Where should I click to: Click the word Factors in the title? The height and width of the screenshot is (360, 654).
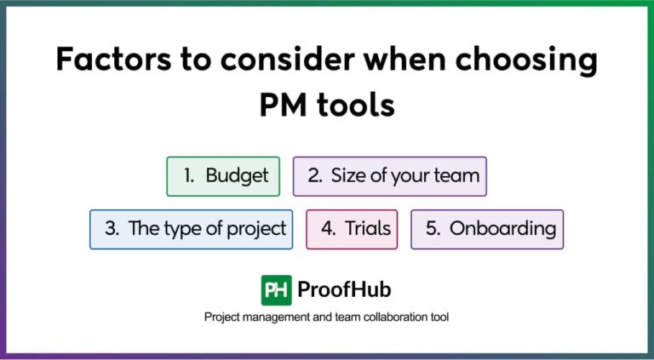(x=104, y=60)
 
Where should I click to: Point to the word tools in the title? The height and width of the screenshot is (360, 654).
(x=357, y=106)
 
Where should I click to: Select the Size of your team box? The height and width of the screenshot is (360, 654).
(x=389, y=176)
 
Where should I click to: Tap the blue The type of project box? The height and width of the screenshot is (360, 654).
(x=191, y=229)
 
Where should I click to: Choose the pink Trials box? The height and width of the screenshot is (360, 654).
(x=352, y=229)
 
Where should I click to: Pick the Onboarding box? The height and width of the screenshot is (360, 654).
(x=487, y=229)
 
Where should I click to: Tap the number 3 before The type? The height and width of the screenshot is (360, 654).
(x=112, y=229)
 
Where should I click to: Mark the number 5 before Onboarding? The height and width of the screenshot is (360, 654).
(x=432, y=229)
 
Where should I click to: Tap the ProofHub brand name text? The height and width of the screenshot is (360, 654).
(x=344, y=290)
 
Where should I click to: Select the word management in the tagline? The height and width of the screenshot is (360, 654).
(x=279, y=317)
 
